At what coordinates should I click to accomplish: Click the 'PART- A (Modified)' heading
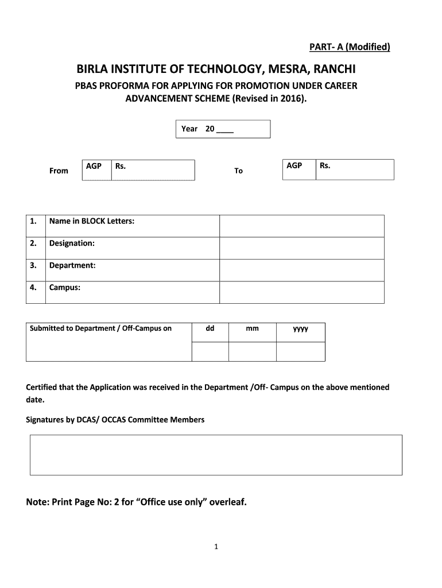[x=346, y=47]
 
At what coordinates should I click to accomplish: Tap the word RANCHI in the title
[x=331, y=70]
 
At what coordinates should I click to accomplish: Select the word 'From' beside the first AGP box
[x=59, y=171]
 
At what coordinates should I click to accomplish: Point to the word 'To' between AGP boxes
[x=239, y=171]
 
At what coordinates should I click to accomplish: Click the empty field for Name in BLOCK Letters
[x=302, y=226]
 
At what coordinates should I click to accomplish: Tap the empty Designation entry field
[x=302, y=248]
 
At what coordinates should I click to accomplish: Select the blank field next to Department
[x=302, y=270]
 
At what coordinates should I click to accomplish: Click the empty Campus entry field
[x=302, y=292]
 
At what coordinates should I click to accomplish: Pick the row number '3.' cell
[x=35, y=265]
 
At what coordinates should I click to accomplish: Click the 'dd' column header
[x=210, y=328]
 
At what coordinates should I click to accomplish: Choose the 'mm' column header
[x=252, y=328]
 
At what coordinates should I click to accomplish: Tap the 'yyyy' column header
[x=300, y=329]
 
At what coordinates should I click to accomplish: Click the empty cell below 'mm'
[x=252, y=351]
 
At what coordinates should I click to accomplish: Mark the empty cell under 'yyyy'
[x=300, y=351]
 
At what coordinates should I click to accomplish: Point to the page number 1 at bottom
[x=216, y=547]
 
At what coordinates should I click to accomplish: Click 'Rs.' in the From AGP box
[x=121, y=166]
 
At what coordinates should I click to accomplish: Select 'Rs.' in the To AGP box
[x=325, y=166]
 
